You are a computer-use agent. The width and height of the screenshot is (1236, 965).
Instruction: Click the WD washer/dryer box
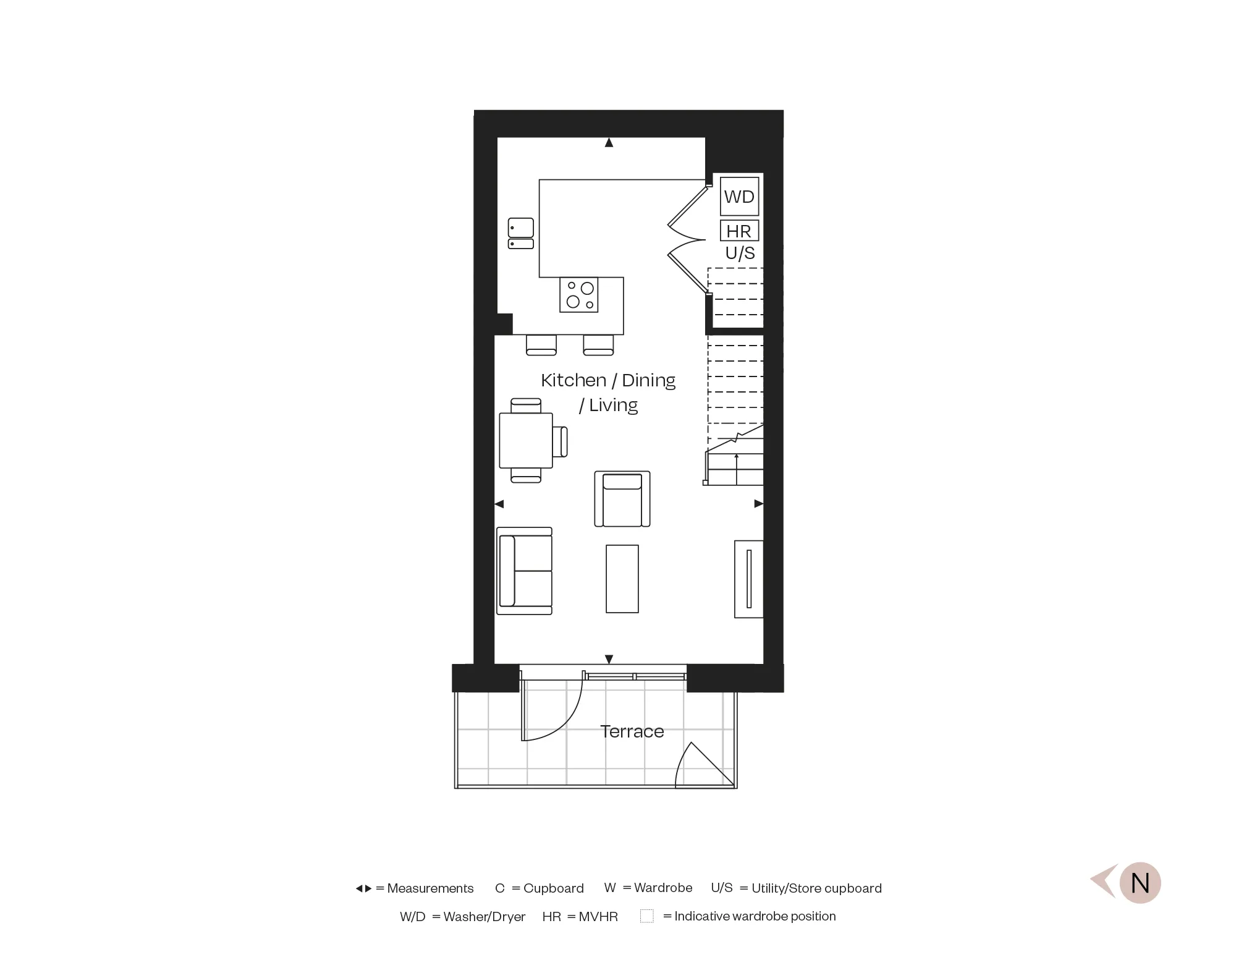click(x=739, y=197)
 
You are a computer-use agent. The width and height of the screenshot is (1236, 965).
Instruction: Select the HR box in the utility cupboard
click(x=739, y=231)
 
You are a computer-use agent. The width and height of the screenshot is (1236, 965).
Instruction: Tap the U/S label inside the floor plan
click(x=740, y=253)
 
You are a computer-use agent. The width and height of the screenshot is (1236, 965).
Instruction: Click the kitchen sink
click(x=521, y=233)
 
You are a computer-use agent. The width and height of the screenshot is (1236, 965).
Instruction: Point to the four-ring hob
click(x=579, y=295)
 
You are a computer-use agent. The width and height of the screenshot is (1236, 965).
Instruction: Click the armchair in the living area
click(x=622, y=499)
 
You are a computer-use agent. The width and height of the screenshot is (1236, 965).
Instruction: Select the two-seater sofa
click(x=524, y=571)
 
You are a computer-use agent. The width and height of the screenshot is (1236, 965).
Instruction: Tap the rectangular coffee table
click(x=622, y=579)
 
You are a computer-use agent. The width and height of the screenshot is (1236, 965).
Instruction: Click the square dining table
click(x=526, y=441)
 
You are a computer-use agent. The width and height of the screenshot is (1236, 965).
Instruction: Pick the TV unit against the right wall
click(x=748, y=579)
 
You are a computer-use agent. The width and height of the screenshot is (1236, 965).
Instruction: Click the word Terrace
click(x=632, y=731)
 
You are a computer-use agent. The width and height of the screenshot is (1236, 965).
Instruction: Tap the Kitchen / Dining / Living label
click(x=608, y=392)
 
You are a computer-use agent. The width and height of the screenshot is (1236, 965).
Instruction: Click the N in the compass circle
click(x=1140, y=883)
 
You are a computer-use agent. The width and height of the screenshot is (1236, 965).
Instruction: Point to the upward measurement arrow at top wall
click(x=609, y=143)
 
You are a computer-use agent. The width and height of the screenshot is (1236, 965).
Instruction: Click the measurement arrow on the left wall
click(x=499, y=504)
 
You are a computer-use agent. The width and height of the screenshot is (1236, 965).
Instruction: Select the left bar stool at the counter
click(x=541, y=345)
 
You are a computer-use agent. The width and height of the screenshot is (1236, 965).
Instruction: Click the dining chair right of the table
click(x=561, y=441)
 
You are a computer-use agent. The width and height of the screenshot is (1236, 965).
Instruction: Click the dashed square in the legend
click(x=646, y=916)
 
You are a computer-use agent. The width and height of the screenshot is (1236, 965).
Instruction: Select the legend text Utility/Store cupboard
click(x=816, y=888)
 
